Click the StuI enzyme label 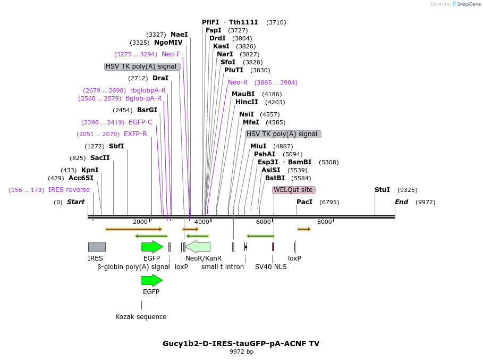pyautogui.click(x=382, y=190)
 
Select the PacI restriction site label pyautogui.click(x=304, y=202)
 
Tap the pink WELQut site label pyautogui.click(x=293, y=190)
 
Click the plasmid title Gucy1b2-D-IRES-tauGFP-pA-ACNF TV pyautogui.click(x=241, y=344)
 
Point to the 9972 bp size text pyautogui.click(x=241, y=352)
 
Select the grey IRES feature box pyautogui.click(x=97, y=247)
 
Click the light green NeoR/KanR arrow pyautogui.click(x=198, y=247)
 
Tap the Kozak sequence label pyautogui.click(x=141, y=317)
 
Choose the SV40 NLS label pyautogui.click(x=270, y=267)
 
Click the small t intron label pyautogui.click(x=222, y=267)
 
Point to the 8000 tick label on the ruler pyautogui.click(x=324, y=222)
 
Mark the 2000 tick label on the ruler pyautogui.click(x=140, y=222)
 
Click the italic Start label pyautogui.click(x=75, y=202)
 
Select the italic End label pyautogui.click(x=401, y=202)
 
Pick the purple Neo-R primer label pyautogui.click(x=238, y=82)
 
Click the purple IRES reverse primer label pyautogui.click(x=69, y=190)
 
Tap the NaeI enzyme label pyautogui.click(x=179, y=35)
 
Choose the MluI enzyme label pyautogui.click(x=258, y=146)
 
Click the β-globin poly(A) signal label pyautogui.click(x=133, y=267)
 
